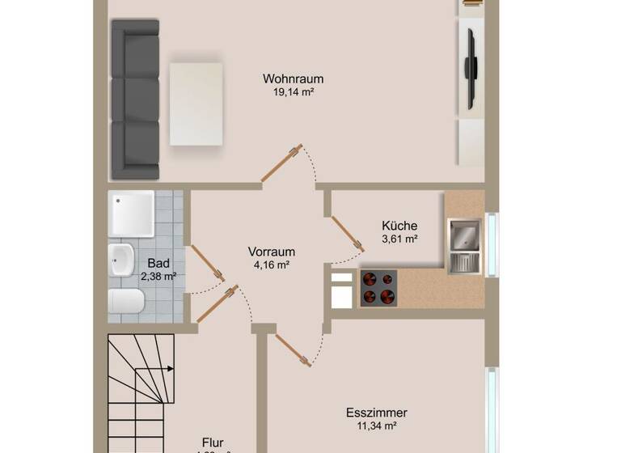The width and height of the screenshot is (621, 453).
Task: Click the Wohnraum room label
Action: pos(293,79)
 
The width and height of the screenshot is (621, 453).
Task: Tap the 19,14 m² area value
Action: pos(293,92)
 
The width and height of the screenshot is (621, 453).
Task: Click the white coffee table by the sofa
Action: pos(196,104)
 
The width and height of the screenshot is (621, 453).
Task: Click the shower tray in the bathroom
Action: pos(132,214)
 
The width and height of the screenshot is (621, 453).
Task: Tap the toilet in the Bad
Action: pos(126,303)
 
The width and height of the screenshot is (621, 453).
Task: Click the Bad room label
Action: pos(158,264)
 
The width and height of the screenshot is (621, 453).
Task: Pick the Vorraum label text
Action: pos(271,252)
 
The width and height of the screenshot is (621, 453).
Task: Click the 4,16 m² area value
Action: pos(271,265)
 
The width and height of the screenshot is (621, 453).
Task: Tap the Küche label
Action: pos(399,226)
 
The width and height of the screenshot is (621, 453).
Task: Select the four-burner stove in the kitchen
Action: pos(378,287)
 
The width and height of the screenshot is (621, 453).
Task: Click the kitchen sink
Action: pos(466,235)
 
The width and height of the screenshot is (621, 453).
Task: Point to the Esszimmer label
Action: pos(377,412)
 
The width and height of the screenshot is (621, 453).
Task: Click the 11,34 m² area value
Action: pos(377,425)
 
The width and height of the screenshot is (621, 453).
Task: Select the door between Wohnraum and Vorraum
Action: pos(281,163)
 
